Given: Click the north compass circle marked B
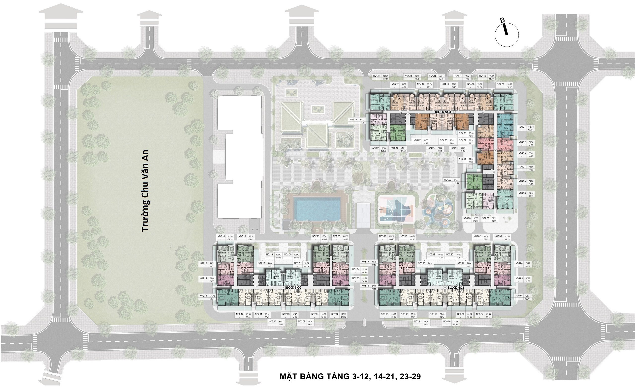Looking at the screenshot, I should pos(507,35).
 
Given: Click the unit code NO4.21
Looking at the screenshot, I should pos(522,127).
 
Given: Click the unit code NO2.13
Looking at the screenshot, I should pos(203,296).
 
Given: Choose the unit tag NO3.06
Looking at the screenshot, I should pos(519,296).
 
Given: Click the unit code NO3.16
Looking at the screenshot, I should pos(383,236).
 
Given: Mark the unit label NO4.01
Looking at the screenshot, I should pos(463,159).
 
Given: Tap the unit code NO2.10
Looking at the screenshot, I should pos(272,321).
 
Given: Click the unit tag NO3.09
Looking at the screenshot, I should pos(447,321).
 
